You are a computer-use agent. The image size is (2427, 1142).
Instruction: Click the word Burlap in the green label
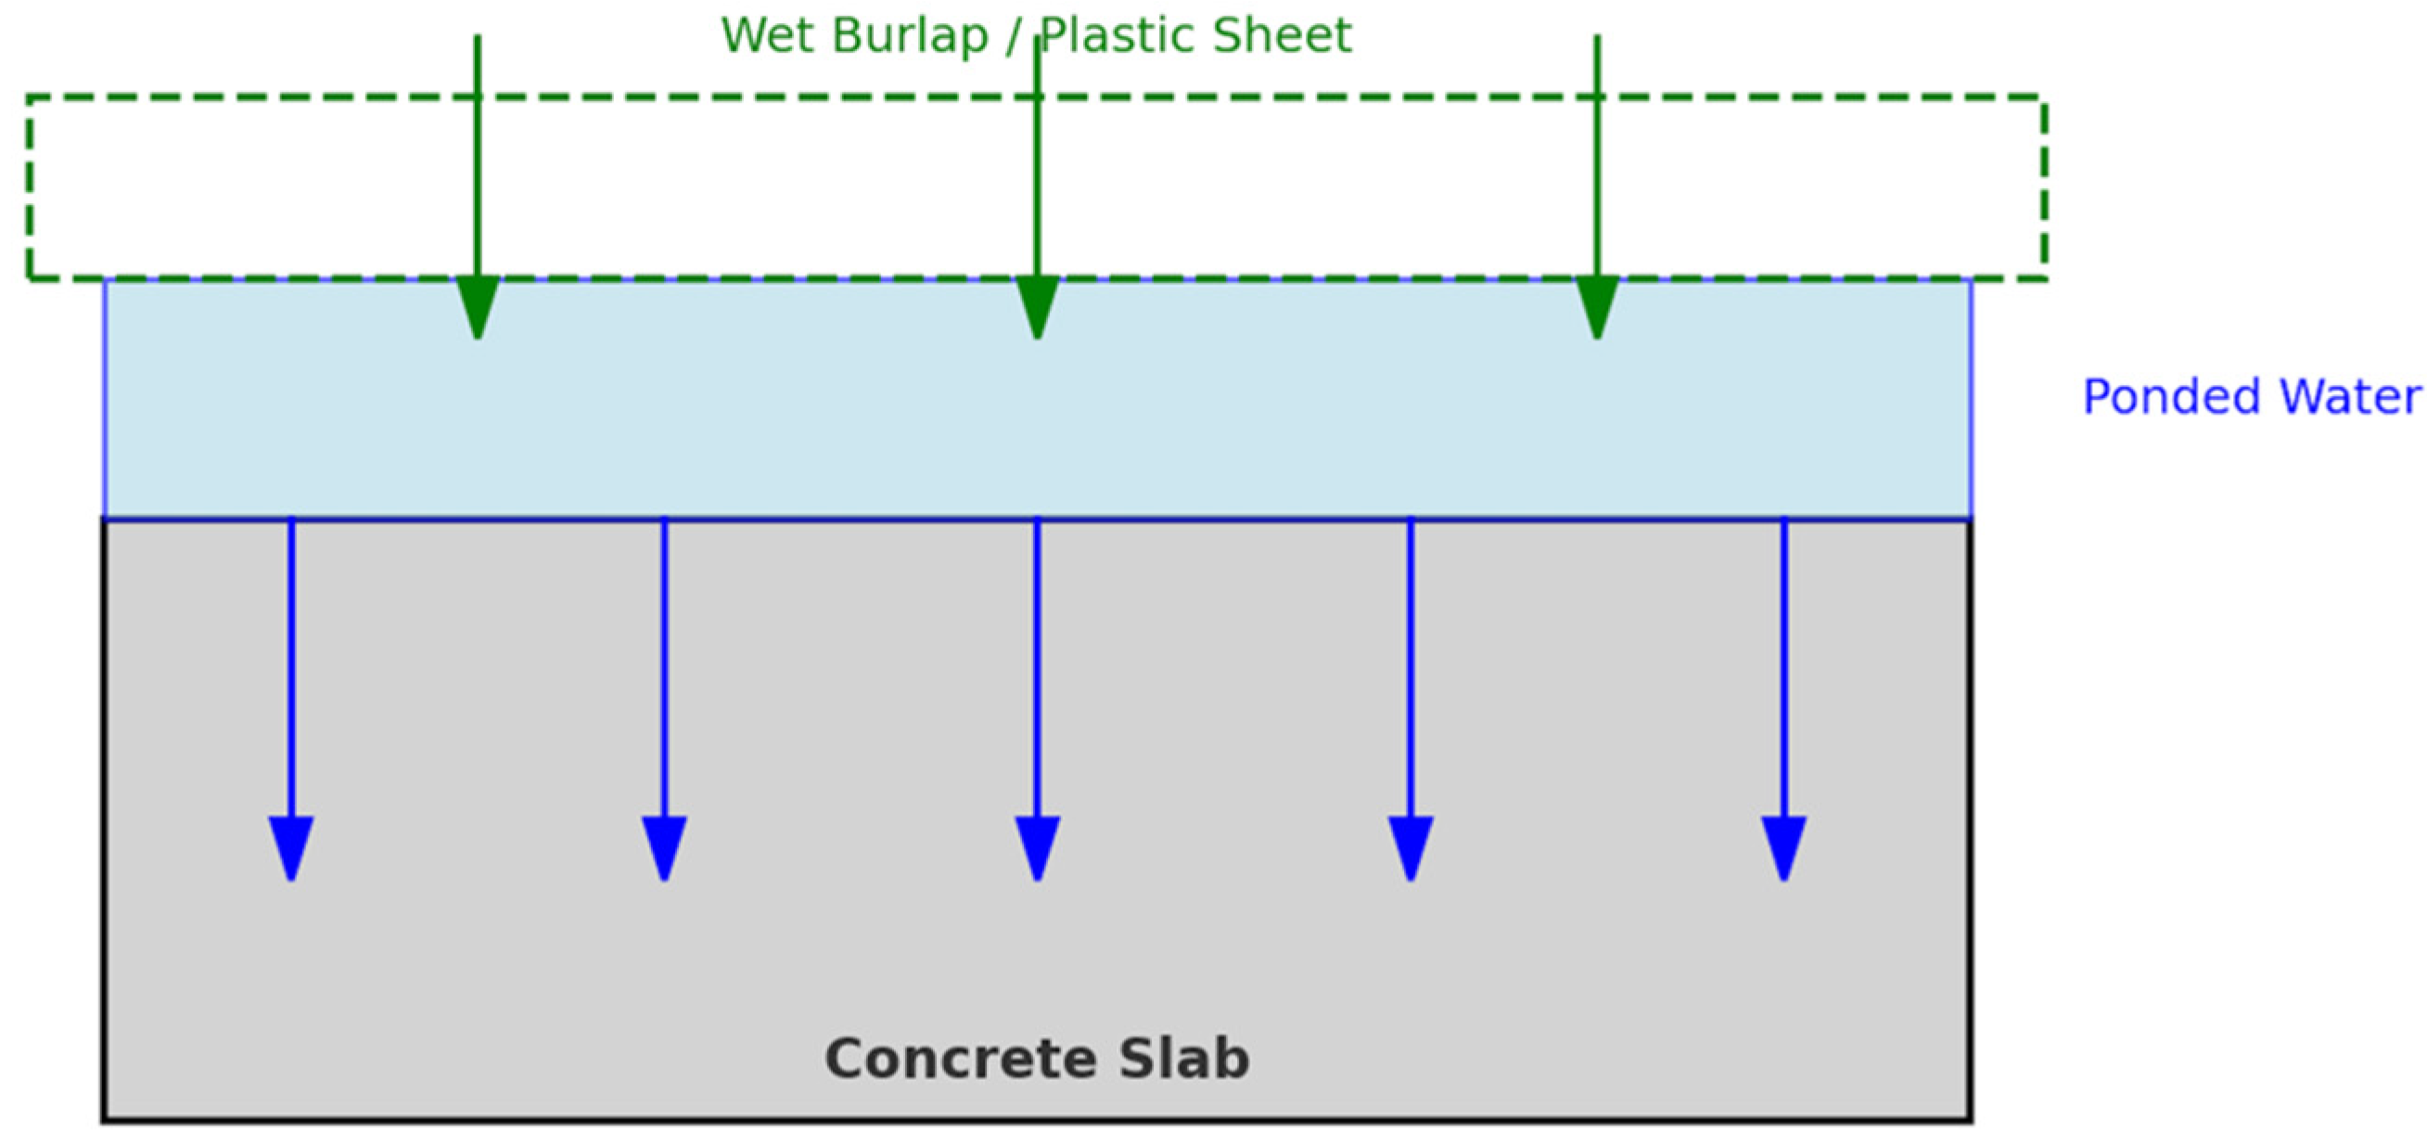909,36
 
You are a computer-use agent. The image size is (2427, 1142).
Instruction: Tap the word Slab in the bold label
1184,1059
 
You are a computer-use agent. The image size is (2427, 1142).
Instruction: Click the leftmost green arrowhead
478,306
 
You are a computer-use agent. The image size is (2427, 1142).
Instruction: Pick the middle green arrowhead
1038,306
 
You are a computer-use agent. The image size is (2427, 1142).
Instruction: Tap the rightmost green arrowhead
1597,306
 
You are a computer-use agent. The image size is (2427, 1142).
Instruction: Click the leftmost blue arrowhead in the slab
291,846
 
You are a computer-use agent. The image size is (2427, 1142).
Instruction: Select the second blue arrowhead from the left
664,846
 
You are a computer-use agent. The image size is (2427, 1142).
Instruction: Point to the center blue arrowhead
1038,846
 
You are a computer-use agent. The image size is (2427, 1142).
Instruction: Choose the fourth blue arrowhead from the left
1411,846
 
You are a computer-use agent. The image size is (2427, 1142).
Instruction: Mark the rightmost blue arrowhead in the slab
1783,846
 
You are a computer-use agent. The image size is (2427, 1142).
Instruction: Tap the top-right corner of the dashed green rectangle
2044,98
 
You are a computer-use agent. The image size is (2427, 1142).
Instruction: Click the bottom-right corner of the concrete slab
1970,1120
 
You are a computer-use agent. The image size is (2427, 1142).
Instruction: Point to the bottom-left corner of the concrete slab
105,1120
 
